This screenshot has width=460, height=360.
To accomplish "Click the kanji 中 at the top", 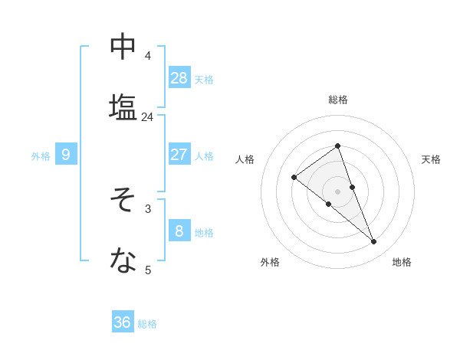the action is point(123,47).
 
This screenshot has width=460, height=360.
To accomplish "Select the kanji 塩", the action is point(123,107).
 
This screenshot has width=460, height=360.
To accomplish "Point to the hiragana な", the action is point(123,261).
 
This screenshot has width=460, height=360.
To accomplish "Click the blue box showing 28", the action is point(179,77).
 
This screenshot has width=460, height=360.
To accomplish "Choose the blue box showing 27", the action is point(179,154).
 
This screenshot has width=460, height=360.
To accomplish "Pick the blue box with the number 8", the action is point(179,231).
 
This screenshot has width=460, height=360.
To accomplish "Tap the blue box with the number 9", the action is point(66,155).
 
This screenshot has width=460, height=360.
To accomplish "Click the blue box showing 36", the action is point(123,322).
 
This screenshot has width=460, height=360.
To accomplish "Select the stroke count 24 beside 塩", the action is point(147,116).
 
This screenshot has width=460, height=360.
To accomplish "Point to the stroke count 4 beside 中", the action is point(147,55).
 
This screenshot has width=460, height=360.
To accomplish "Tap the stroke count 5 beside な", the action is point(147,270).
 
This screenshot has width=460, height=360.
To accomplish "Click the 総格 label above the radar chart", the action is point(337,100).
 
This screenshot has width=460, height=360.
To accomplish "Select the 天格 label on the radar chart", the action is point(431,159).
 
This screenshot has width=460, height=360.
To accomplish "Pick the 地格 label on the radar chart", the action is point(402,262).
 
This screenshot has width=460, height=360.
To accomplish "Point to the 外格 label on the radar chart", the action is point(270,262).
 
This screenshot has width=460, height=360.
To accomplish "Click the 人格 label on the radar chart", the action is point(245,159).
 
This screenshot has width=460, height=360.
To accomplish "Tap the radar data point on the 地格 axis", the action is point(374,242).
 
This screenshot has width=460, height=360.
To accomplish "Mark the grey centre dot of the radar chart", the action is point(337,191).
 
